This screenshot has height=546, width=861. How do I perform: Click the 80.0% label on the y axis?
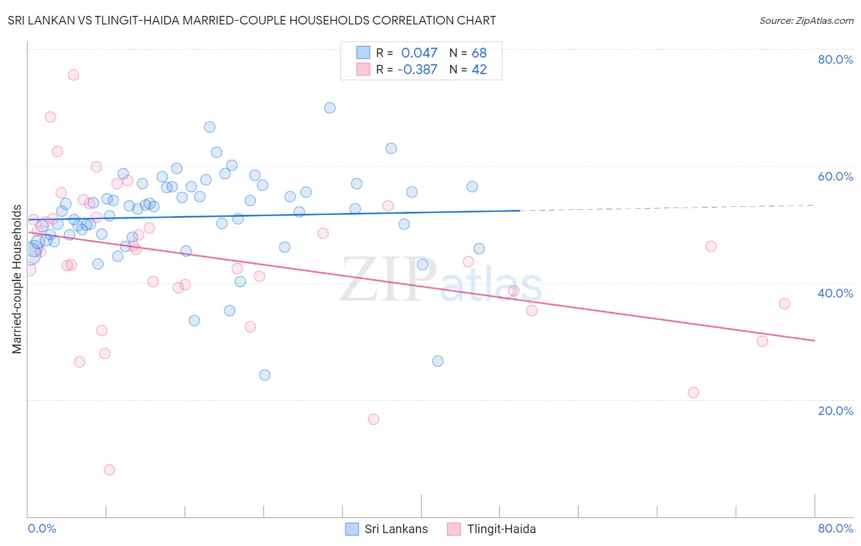coord(835,59)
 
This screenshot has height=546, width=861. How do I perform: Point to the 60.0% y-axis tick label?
coord(835,176)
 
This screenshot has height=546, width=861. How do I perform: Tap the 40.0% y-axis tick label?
coord(835,293)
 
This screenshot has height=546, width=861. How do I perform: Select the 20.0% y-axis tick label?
coord(835,411)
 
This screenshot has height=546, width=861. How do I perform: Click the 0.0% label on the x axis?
coord(42,528)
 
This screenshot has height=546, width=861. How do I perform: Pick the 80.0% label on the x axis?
coord(835,528)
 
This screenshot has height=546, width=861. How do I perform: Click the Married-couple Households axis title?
coord(17,279)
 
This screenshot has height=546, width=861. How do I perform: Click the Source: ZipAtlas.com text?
coord(806,21)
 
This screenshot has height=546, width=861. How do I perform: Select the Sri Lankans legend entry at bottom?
coord(386,529)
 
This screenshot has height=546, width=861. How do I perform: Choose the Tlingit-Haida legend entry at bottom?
coord(492,529)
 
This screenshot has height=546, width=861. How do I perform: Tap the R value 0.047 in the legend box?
coord(419,53)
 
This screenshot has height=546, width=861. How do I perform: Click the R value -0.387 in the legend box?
coord(417,70)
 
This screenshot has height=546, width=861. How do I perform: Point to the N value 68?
coord(479,53)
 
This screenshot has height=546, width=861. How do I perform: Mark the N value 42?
coord(479,70)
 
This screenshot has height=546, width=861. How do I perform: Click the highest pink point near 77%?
coord(73,75)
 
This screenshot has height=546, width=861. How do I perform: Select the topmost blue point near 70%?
coord(329,108)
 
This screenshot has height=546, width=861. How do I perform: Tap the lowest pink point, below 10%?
coord(110,469)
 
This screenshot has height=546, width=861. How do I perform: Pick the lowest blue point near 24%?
coord(265,375)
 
